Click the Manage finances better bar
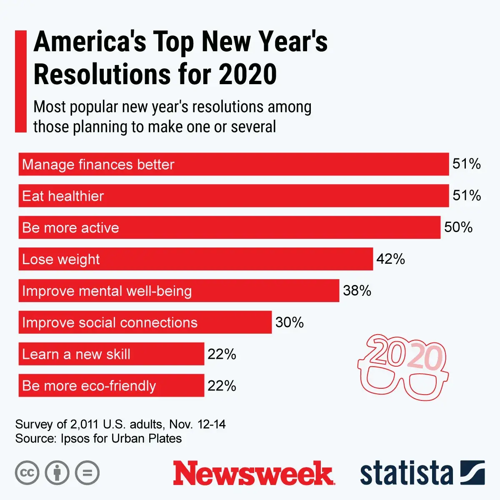click(x=233, y=164)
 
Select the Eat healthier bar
click(x=233, y=196)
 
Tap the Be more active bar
click(x=229, y=227)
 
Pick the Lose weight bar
click(x=196, y=259)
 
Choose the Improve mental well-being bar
click(x=179, y=291)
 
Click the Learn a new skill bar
click(x=111, y=354)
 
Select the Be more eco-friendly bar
click(x=111, y=386)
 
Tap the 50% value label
click(x=458, y=227)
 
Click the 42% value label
click(x=390, y=259)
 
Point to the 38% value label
click(x=357, y=291)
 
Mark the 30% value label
click(x=290, y=322)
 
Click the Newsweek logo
click(x=253, y=473)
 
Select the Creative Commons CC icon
click(x=27, y=473)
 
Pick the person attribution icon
click(x=57, y=473)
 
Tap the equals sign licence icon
click(x=87, y=473)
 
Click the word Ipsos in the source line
click(x=73, y=439)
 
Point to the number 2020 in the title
click(x=247, y=74)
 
